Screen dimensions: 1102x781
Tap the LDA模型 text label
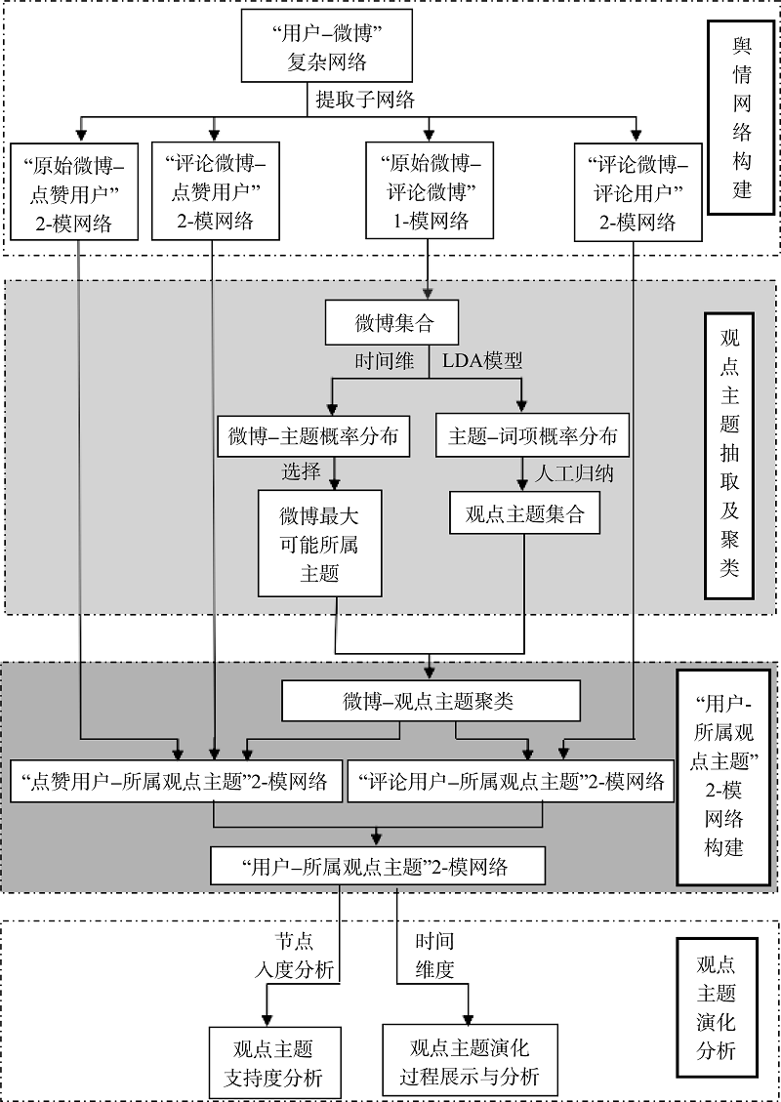(482, 361)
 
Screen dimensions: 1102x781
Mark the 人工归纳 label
(575, 472)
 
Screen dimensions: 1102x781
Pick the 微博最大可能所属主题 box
(318, 544)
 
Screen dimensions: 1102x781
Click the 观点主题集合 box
(524, 512)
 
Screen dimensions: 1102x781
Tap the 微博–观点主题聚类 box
(429, 701)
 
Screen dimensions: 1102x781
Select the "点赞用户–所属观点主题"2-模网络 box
(176, 781)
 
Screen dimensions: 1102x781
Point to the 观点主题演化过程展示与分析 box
(471, 1064)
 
